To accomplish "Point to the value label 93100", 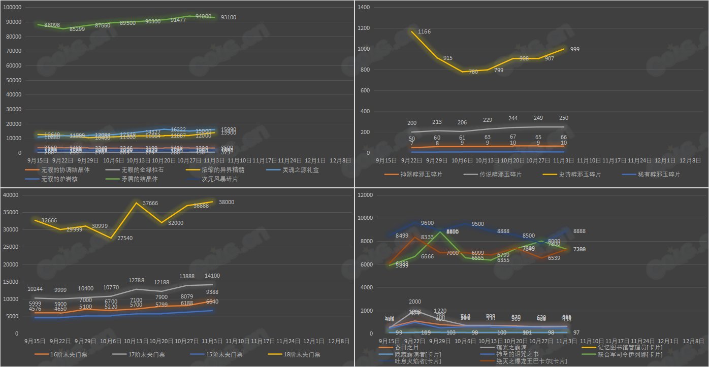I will point(229,17).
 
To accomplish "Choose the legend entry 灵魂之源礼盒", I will point(301,170).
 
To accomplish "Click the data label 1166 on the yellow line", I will point(425,32).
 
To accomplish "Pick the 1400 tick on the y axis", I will point(366,8).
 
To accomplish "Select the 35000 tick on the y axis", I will point(11,212).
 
